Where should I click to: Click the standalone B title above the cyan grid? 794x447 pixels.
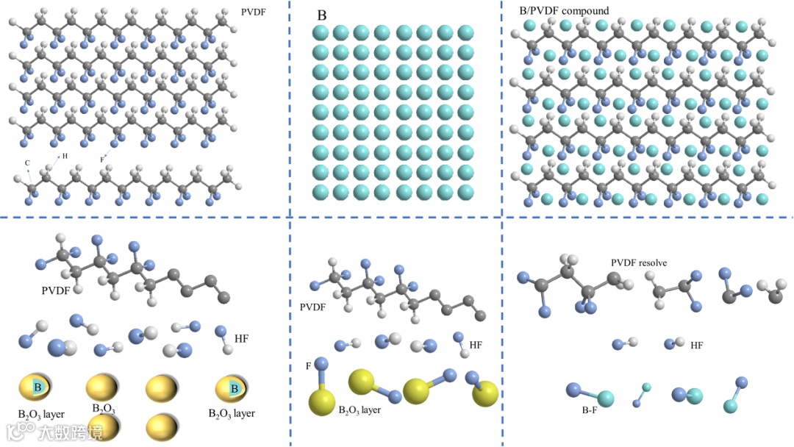click(x=321, y=15)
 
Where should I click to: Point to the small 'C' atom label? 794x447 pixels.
click(x=27, y=162)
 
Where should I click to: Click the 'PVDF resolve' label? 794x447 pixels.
click(x=639, y=262)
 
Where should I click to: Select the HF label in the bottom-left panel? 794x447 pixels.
click(x=242, y=338)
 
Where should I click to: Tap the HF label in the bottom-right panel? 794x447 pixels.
click(x=696, y=344)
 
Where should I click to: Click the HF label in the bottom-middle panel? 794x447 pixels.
click(x=476, y=344)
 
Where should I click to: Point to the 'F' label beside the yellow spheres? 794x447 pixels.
click(x=308, y=365)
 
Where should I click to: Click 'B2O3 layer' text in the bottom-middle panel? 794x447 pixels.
click(x=360, y=410)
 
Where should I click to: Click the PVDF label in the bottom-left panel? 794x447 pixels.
click(x=56, y=290)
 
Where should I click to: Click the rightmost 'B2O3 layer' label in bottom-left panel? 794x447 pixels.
click(x=231, y=413)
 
